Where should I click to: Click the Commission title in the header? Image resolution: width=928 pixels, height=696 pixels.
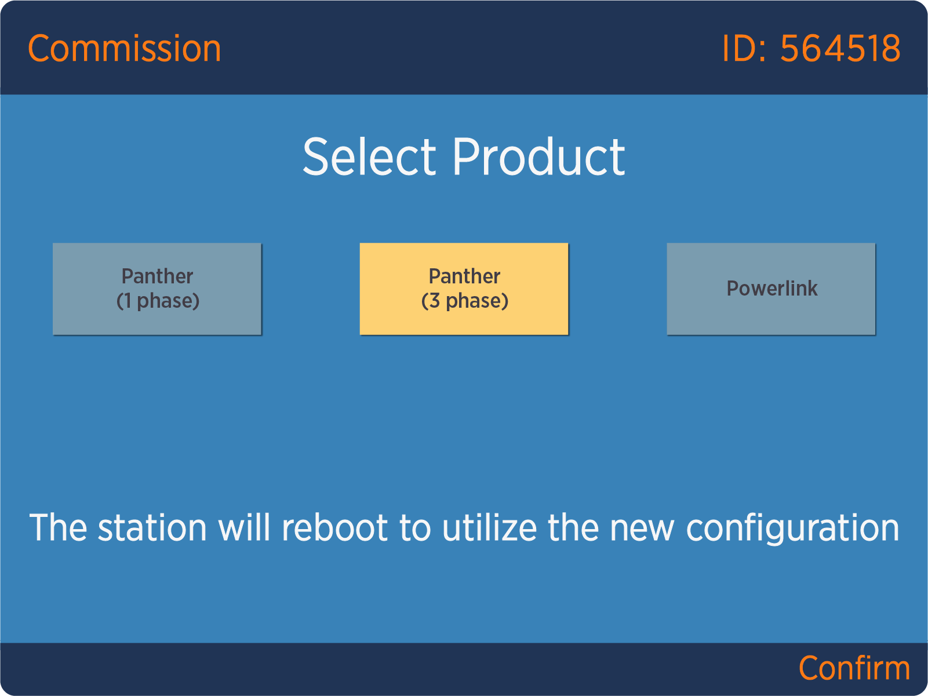click(124, 49)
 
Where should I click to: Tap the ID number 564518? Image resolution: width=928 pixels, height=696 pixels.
click(840, 49)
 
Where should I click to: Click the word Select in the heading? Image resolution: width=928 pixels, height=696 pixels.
click(369, 156)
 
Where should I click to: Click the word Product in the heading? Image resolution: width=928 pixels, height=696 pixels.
click(538, 156)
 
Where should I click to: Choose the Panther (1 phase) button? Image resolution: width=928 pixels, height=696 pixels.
click(157, 289)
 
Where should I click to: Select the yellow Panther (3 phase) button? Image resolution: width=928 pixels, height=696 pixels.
click(464, 289)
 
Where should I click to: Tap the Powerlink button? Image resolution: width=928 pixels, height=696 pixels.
click(771, 289)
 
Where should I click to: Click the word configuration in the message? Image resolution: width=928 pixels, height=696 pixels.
click(793, 529)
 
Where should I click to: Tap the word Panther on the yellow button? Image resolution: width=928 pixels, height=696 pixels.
click(464, 276)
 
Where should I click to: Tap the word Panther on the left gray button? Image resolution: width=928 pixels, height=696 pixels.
click(157, 276)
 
